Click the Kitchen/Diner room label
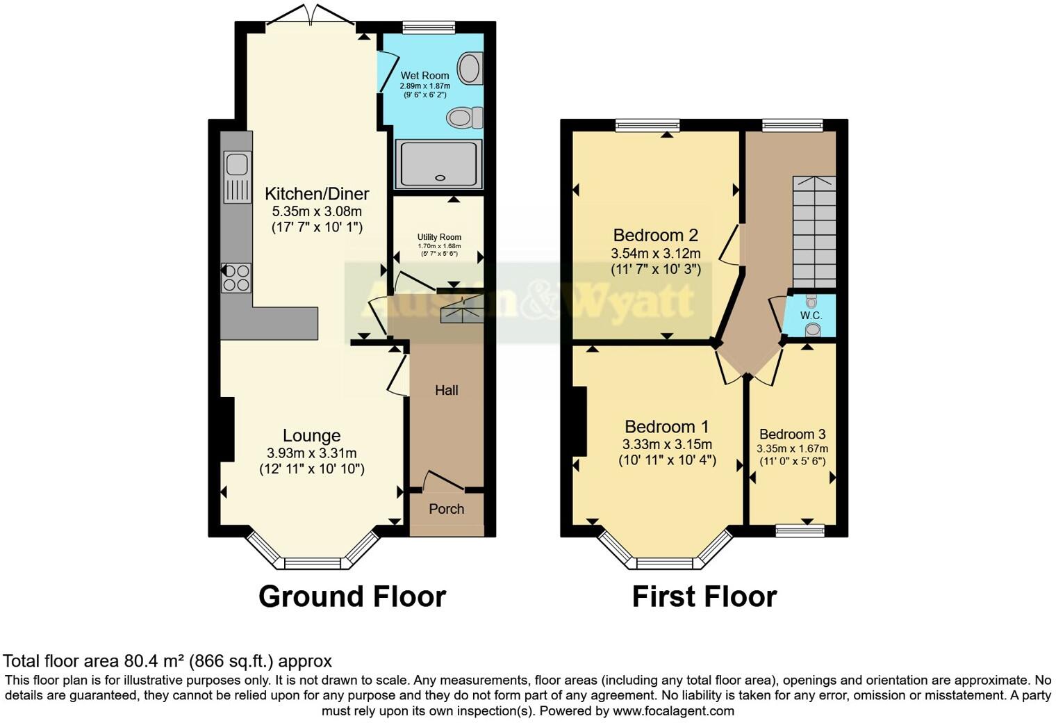tap(317, 194)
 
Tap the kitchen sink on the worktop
tap(237, 177)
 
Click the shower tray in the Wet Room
tap(438, 164)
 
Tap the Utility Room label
tap(439, 237)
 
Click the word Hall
tap(446, 391)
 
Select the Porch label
tap(446, 509)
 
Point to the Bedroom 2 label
tap(655, 236)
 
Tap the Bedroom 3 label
tap(792, 434)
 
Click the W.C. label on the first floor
tap(811, 316)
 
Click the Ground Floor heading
tap(352, 596)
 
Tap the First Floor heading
tap(704, 596)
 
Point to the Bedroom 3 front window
tap(800, 531)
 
